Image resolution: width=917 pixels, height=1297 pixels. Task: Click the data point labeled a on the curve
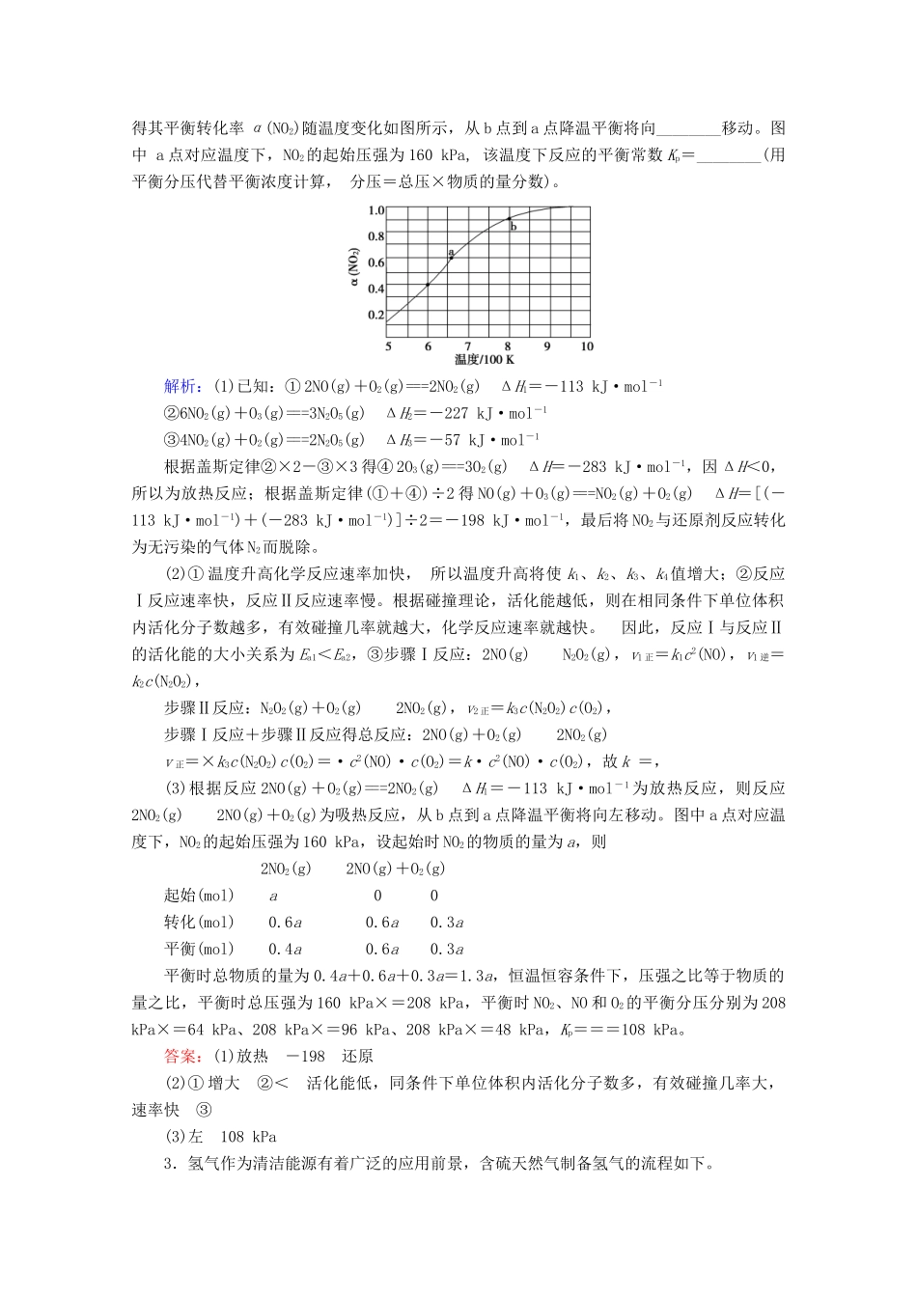pyautogui.click(x=451, y=258)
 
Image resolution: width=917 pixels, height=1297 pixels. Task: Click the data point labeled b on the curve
pyautogui.click(x=510, y=220)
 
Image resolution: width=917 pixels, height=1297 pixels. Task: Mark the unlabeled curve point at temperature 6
pyautogui.click(x=428, y=285)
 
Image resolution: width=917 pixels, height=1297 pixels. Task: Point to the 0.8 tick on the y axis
pyautogui.click(x=375, y=236)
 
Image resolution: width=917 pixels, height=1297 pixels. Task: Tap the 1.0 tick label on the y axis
pyautogui.click(x=375, y=210)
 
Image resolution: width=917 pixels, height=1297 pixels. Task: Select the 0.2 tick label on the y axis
pyautogui.click(x=375, y=316)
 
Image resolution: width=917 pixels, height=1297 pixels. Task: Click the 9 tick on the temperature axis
pyautogui.click(x=547, y=346)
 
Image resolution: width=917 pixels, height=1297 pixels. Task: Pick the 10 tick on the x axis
pyautogui.click(x=586, y=346)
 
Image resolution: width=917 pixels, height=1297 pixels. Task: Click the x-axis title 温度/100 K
pyautogui.click(x=485, y=360)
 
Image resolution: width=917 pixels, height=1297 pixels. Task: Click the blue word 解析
pyautogui.click(x=181, y=387)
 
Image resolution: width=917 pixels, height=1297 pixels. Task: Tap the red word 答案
pyautogui.click(x=181, y=1057)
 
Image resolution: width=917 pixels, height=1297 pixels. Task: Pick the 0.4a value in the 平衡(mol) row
pyautogui.click(x=286, y=950)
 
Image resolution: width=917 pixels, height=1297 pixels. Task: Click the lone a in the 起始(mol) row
pyautogui.click(x=273, y=896)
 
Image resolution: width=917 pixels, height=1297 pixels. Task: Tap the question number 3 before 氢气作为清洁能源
pyautogui.click(x=169, y=1164)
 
